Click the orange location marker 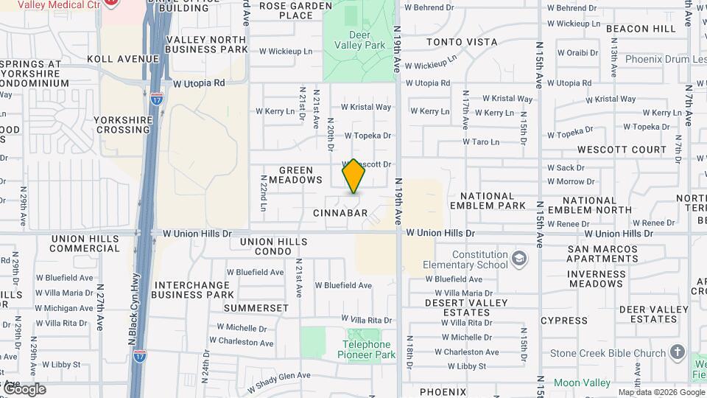click(x=353, y=176)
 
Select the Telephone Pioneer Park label click(x=369, y=349)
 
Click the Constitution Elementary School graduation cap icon click(x=520, y=259)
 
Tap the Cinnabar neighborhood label click(x=340, y=213)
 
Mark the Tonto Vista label click(x=462, y=42)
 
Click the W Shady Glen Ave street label click(x=279, y=380)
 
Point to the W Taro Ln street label click(x=481, y=142)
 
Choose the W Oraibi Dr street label click(x=578, y=53)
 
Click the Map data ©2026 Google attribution click(x=661, y=392)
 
